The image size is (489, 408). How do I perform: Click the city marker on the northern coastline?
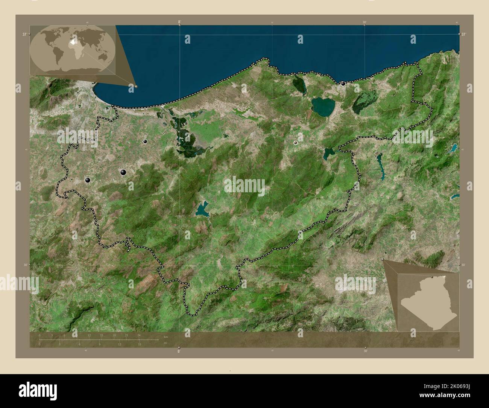click(343, 84)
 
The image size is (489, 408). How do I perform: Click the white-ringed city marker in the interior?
click(296, 143)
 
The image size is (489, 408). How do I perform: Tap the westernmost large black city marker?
click(88, 181)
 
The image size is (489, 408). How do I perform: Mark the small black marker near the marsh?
click(145, 142)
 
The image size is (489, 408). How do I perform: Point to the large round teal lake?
click(323, 106)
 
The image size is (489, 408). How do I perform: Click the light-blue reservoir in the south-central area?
click(202, 210)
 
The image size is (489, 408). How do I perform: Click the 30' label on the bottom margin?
click(365, 350)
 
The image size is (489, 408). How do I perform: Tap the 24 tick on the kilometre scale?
click(139, 335)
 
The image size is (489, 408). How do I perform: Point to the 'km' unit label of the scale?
click(166, 336)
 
